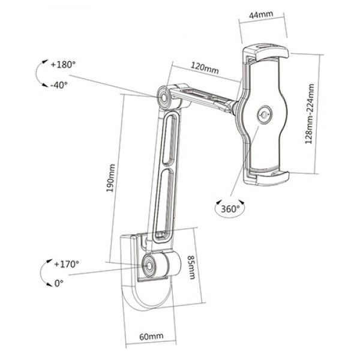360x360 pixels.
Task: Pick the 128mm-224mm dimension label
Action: [x=310, y=114]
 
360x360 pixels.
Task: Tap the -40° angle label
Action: [x=59, y=85]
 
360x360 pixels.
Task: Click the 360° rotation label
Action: [x=229, y=208]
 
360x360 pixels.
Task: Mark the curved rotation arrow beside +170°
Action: [x=44, y=273]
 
